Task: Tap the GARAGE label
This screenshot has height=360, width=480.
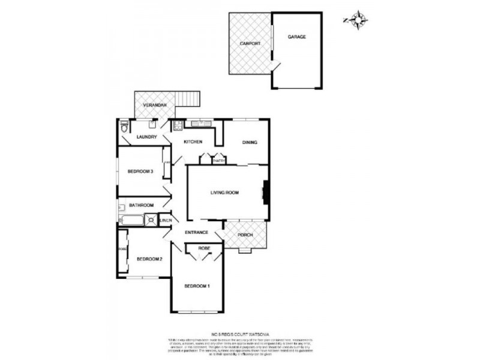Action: [x=296, y=37]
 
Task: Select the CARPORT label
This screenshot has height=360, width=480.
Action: [x=249, y=44]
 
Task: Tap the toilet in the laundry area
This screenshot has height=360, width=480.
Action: [x=123, y=126]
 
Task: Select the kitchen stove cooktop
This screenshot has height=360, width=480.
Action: [x=178, y=125]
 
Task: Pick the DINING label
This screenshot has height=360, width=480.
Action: [x=250, y=142]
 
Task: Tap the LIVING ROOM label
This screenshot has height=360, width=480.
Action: [x=224, y=193]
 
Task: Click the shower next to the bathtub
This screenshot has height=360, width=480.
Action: [x=150, y=220]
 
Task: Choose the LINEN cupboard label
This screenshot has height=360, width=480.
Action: [x=166, y=220]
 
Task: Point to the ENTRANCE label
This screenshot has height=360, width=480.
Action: [x=196, y=232]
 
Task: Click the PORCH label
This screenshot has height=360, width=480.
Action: [x=245, y=235]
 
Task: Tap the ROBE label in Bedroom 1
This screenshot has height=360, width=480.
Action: [x=204, y=247]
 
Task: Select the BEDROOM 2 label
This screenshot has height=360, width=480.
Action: [x=149, y=259]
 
